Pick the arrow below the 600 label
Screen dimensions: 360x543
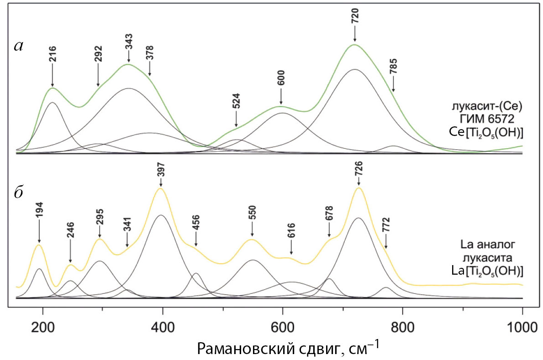point(281,97)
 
